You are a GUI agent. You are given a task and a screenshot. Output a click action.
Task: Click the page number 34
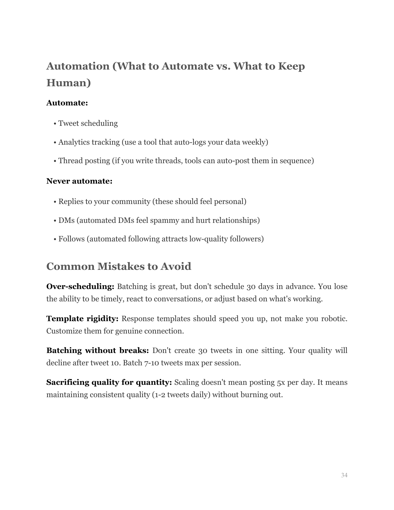[344, 475]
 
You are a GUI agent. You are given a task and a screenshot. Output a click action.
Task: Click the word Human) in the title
[69, 83]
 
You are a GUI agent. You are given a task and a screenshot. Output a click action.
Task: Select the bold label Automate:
[67, 103]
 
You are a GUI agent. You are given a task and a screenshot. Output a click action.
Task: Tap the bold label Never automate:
[79, 181]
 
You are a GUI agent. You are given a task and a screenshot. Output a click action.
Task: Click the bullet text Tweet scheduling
[88, 123]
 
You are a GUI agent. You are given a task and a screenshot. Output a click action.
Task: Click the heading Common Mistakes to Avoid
[119, 266]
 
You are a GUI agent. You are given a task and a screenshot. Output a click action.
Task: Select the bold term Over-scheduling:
[80, 287]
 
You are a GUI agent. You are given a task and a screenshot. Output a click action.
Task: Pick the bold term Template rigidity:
[83, 319]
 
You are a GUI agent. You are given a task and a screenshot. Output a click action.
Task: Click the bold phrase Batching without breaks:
[98, 351]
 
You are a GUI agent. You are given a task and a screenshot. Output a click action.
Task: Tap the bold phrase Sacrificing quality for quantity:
[109, 382]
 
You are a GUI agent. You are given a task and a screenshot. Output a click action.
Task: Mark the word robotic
[334, 319]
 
